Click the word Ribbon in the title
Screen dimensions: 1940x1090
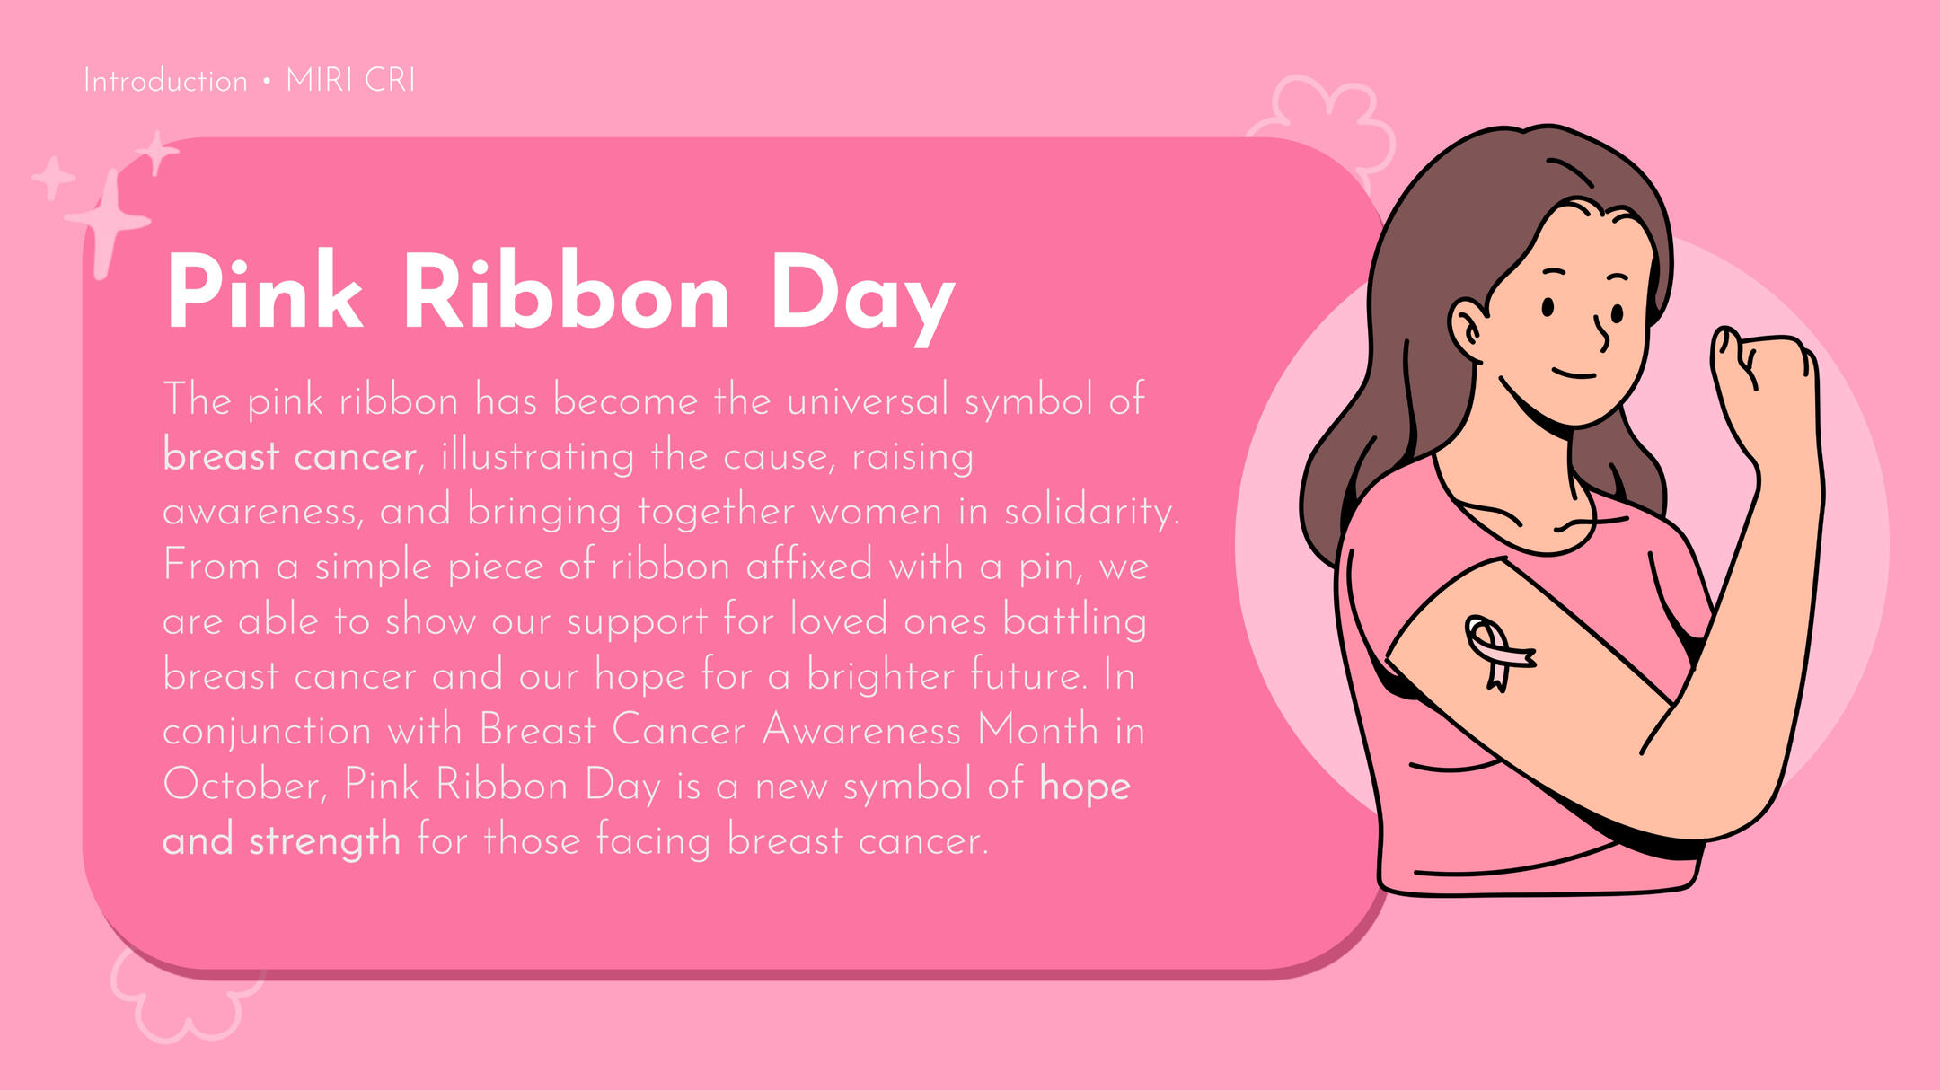coord(566,291)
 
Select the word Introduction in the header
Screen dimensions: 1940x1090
coord(165,81)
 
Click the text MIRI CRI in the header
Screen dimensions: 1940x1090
coord(350,81)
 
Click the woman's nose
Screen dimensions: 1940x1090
coord(1601,333)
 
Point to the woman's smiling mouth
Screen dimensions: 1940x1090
coord(1574,374)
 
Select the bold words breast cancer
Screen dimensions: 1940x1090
coord(289,456)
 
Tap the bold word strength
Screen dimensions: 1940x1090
coord(324,842)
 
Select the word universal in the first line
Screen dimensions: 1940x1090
coord(867,400)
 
